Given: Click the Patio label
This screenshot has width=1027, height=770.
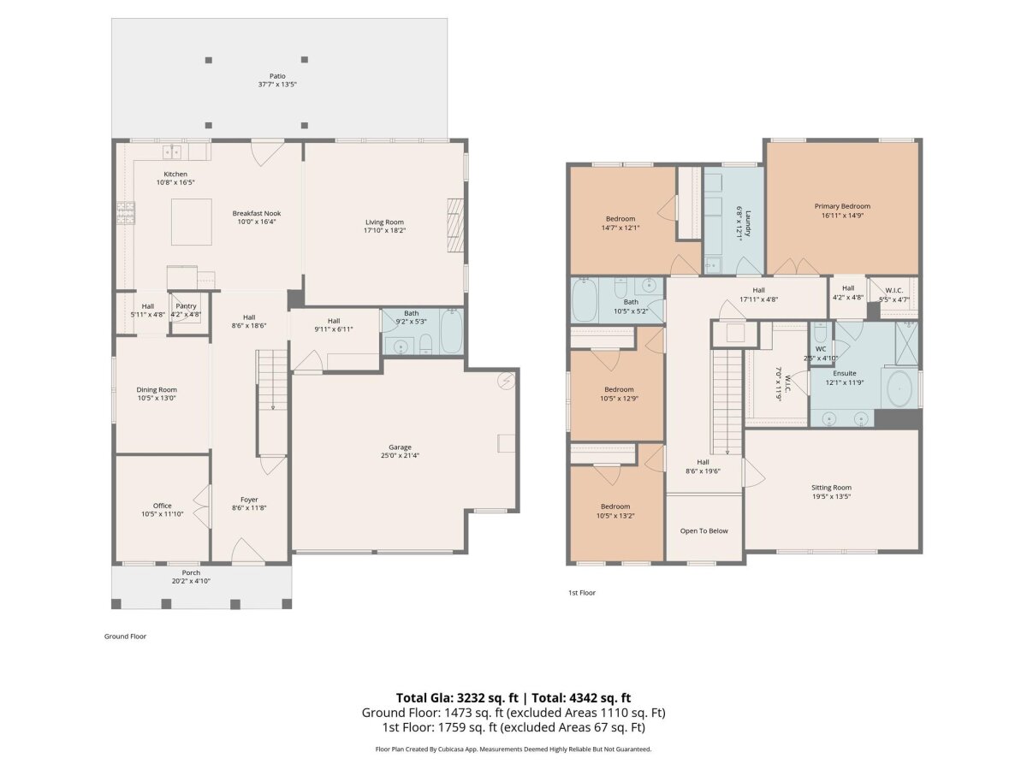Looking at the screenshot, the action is (x=277, y=76).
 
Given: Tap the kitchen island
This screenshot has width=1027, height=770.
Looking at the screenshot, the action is (x=191, y=222).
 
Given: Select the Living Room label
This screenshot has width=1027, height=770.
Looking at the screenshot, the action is (x=384, y=222).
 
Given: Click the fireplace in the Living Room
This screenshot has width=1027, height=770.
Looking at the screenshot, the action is (x=454, y=225).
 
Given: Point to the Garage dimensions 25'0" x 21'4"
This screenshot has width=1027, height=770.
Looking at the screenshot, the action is (x=400, y=455).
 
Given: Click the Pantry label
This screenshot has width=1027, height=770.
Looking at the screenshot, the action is (x=186, y=305).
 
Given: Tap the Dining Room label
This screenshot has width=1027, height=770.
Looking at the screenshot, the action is (x=157, y=389).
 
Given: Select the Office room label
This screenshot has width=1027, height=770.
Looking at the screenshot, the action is (x=162, y=506).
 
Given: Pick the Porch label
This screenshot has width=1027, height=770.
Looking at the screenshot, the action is (x=191, y=572).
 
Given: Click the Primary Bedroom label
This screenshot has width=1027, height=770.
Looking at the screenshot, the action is (x=842, y=206).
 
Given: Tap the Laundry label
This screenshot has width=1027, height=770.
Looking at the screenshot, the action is (x=747, y=224).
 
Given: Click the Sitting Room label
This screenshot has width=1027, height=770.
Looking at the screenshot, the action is (x=831, y=487).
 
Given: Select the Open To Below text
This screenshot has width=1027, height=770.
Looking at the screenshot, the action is (x=703, y=530).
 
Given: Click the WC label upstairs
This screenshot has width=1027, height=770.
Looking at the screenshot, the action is (x=820, y=349).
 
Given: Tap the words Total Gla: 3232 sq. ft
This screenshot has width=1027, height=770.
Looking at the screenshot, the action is (x=457, y=698).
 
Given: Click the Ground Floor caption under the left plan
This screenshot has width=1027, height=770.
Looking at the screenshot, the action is (x=125, y=637).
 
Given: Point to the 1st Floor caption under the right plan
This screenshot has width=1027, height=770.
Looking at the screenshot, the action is (x=582, y=593).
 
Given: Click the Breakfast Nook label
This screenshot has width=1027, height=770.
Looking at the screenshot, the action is (x=257, y=213).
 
